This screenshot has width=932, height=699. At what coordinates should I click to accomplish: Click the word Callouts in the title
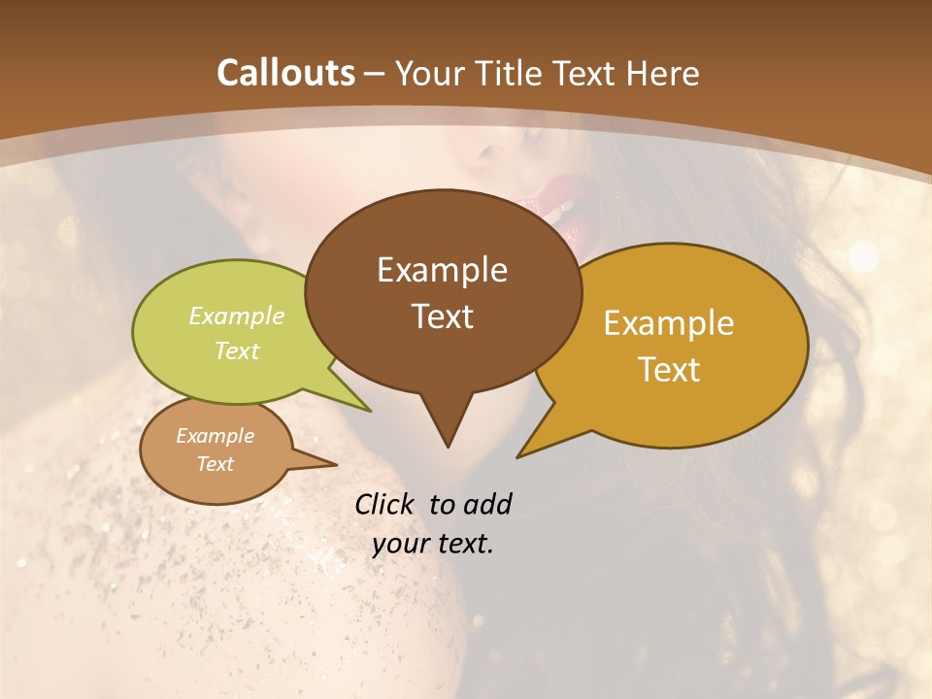(285, 73)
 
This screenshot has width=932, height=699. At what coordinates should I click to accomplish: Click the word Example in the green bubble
(237, 316)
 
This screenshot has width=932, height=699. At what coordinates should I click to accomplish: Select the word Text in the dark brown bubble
(443, 316)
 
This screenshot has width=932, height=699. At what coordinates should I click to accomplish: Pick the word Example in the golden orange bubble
(669, 323)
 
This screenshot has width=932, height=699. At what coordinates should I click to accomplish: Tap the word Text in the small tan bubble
(216, 464)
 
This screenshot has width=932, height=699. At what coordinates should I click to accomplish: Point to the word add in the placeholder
(486, 504)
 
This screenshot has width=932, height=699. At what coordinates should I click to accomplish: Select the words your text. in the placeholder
(433, 545)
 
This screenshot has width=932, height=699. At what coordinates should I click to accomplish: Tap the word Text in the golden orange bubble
(669, 370)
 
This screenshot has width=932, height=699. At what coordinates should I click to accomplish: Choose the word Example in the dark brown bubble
(443, 270)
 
